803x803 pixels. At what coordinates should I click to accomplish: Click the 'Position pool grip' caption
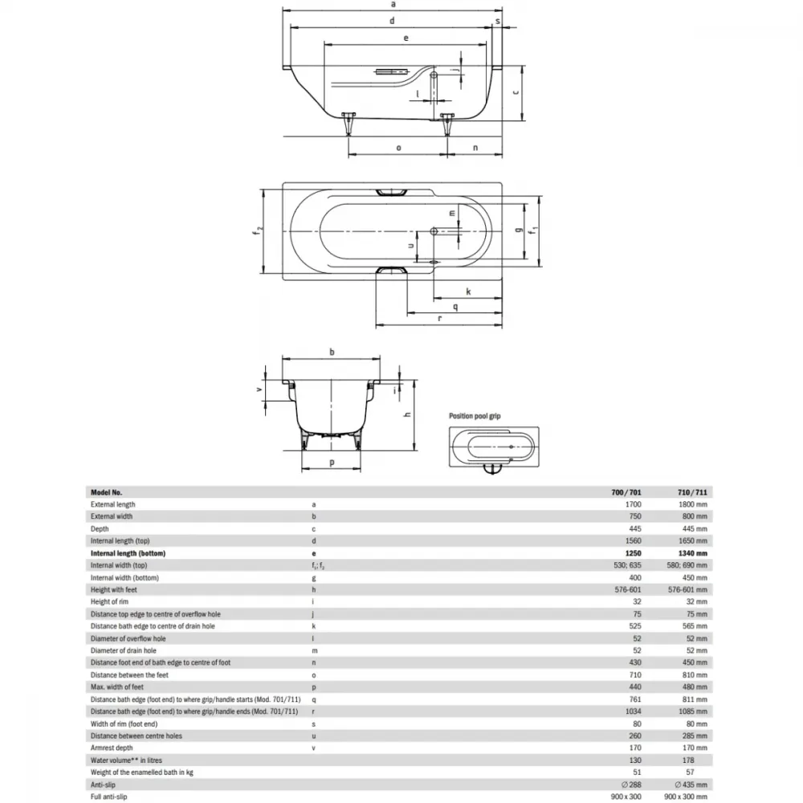click(475, 416)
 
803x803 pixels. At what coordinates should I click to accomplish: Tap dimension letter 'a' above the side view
click(393, 4)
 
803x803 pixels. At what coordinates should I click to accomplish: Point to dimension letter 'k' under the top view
click(468, 291)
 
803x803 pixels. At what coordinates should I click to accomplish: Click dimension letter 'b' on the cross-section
click(332, 352)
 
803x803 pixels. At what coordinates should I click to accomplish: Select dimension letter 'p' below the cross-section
click(332, 463)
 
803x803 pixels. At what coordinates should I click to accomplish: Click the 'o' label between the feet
click(398, 148)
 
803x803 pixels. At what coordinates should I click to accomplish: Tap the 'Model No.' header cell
click(107, 492)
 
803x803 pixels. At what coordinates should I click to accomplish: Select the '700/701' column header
click(626, 492)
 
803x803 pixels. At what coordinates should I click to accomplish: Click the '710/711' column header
click(692, 492)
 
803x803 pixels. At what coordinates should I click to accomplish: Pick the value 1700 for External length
click(633, 504)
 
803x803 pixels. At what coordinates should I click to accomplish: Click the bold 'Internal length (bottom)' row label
click(128, 553)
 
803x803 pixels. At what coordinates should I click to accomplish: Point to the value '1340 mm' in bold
click(691, 553)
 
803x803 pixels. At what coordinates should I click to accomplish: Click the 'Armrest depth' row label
click(112, 748)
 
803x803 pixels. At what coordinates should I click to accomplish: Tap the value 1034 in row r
click(633, 711)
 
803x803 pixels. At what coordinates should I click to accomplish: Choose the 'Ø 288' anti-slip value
click(631, 785)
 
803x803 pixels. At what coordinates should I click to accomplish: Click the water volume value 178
click(688, 760)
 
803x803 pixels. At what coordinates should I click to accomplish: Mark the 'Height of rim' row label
click(109, 601)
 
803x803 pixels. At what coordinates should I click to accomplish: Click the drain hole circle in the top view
click(434, 231)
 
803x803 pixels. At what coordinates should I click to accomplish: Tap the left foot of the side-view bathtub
click(349, 124)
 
